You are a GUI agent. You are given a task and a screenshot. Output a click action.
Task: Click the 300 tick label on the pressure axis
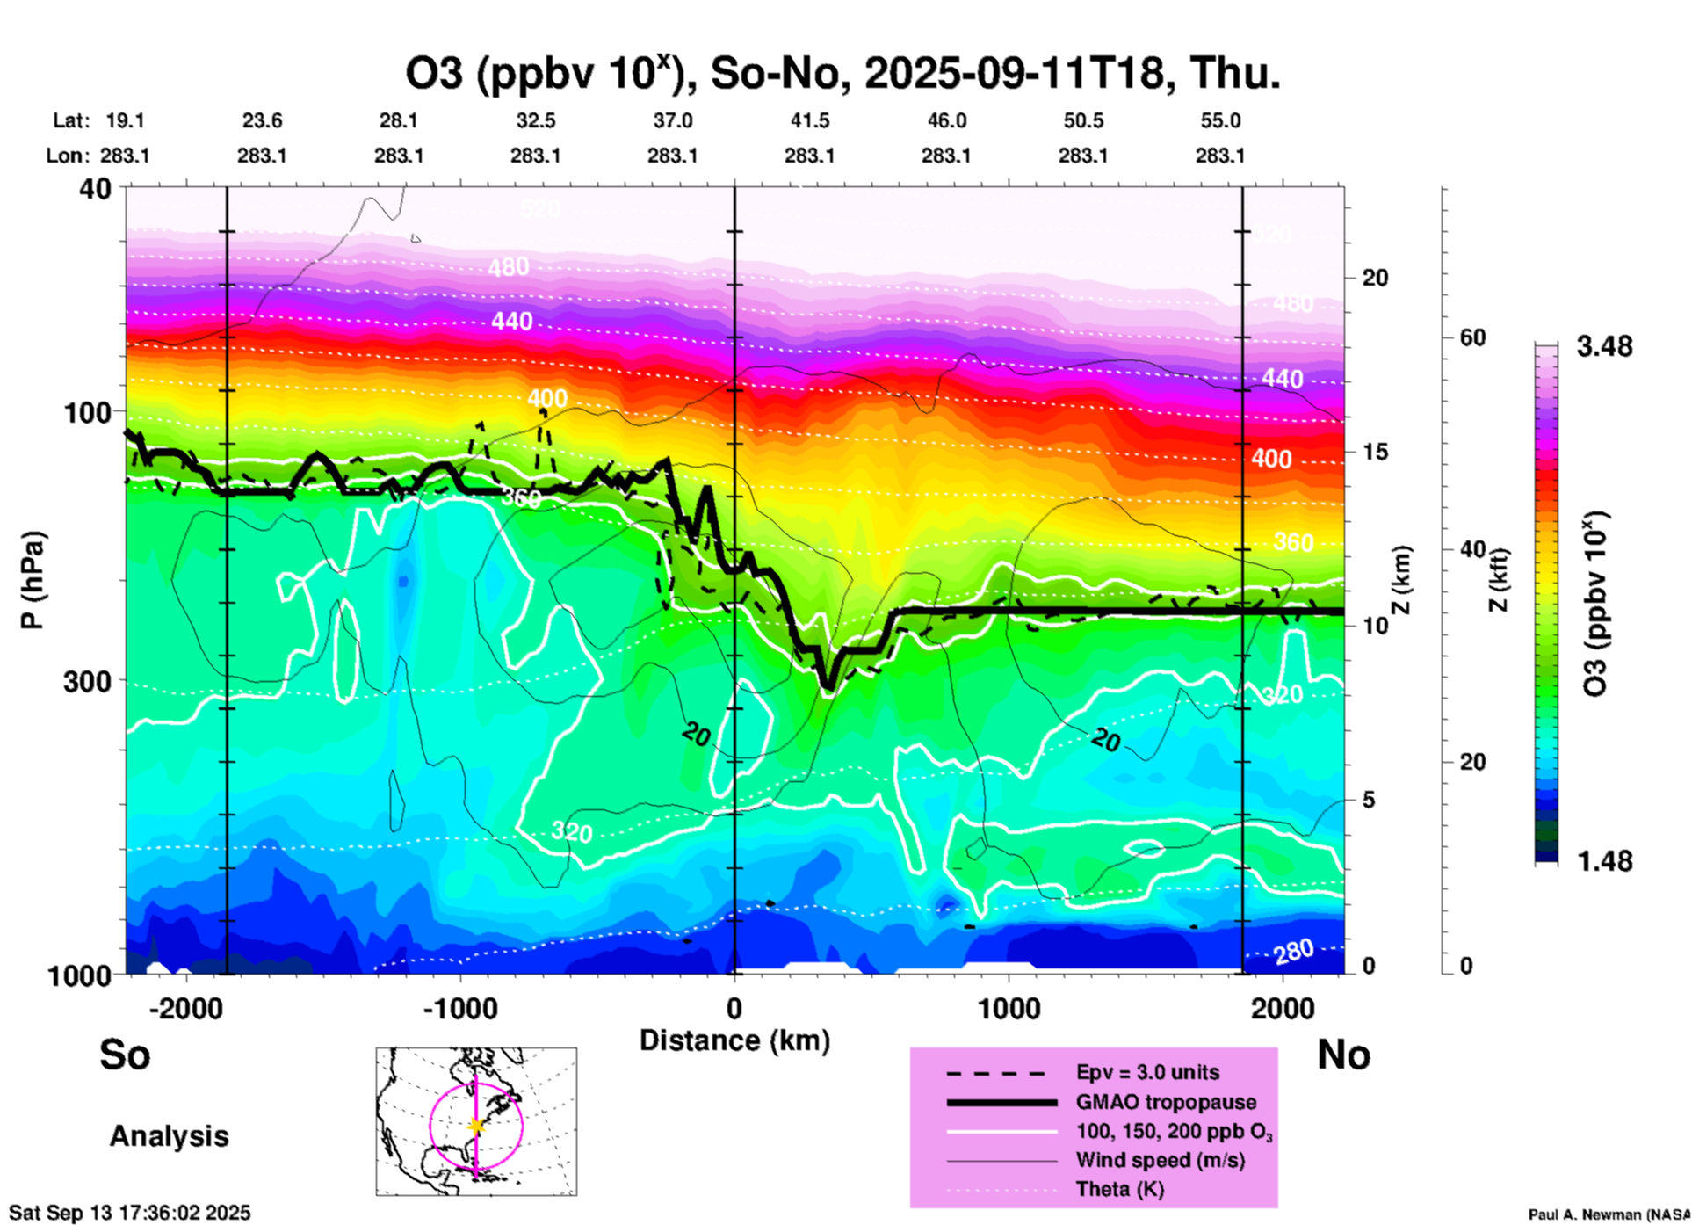88,681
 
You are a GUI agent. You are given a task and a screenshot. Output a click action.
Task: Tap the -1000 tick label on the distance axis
460,1008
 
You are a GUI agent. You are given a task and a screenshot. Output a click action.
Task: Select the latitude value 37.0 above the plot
672,120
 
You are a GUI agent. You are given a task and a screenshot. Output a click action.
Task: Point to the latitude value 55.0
1220,120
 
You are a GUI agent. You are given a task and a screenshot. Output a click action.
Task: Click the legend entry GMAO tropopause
1166,1102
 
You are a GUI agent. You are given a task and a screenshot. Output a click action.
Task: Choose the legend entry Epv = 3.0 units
1147,1072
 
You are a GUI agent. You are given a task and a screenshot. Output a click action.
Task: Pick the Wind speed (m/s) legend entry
1160,1160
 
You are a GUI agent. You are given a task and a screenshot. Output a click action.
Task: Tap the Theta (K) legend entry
1119,1189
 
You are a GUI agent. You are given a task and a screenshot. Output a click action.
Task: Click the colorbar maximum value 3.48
1604,346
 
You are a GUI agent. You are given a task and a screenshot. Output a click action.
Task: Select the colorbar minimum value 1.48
1604,860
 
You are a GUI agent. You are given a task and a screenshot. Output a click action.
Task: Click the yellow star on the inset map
476,1126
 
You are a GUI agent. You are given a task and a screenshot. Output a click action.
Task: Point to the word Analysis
169,1135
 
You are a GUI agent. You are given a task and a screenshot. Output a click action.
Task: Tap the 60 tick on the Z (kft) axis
1472,337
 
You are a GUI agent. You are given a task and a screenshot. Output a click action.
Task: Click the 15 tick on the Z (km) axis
1375,452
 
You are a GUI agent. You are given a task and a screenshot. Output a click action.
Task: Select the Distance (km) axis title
734,1040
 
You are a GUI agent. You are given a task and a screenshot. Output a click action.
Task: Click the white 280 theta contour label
1293,950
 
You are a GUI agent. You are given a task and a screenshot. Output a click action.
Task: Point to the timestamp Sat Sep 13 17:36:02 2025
129,1213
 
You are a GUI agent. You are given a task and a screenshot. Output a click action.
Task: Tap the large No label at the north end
1343,1055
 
